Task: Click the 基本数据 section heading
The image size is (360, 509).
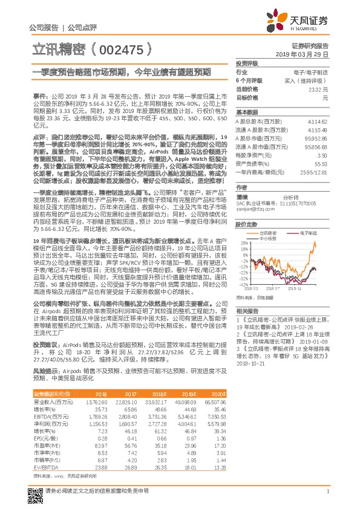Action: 247,112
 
